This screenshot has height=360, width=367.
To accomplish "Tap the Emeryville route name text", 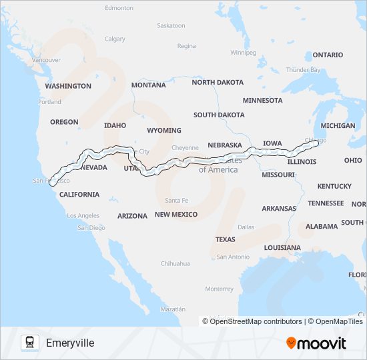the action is [70, 343].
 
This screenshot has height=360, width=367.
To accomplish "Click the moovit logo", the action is [316, 343].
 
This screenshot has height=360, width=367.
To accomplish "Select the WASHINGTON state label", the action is [68, 86].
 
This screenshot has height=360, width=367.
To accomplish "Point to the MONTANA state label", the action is [148, 85].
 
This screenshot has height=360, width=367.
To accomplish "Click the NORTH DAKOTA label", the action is [218, 82].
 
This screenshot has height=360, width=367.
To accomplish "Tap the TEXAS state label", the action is [225, 239].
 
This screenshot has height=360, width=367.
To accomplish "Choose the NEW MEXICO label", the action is [176, 215].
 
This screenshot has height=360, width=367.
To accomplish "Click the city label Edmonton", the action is [119, 8].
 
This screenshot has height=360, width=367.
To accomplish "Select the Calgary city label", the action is [115, 39].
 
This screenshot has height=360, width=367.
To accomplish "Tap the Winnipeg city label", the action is [243, 52].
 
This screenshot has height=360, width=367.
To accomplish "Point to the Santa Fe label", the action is [176, 201].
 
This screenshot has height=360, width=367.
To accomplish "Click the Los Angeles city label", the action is [83, 215].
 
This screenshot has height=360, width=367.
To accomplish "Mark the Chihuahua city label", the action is [175, 264].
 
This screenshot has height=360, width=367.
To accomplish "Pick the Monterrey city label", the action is [220, 289].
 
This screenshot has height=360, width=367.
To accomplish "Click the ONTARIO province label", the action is [328, 55].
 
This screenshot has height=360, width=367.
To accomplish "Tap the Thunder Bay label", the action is [303, 69].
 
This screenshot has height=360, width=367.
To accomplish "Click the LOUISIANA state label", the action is [282, 247].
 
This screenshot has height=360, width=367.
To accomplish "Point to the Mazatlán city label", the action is [172, 309].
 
